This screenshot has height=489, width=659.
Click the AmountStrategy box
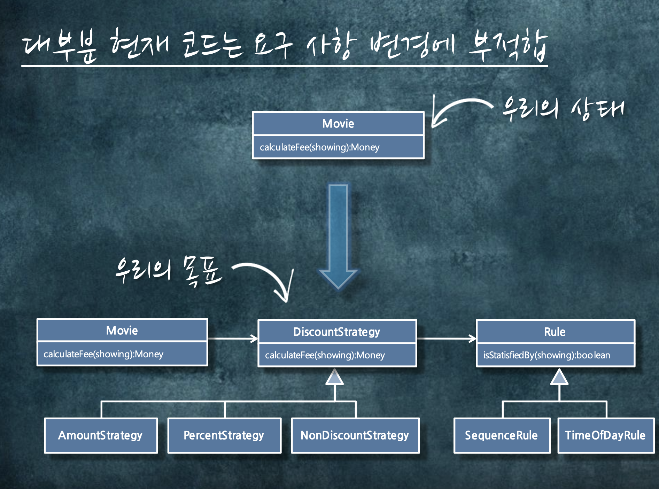[101, 435]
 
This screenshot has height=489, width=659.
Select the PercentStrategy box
[224, 435]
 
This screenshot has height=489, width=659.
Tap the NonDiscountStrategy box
[355, 435]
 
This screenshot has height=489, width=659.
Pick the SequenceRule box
[502, 435]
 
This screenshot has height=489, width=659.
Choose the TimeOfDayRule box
[605, 435]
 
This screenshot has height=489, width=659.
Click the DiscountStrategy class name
[337, 332]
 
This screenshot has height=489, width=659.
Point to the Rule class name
[555, 332]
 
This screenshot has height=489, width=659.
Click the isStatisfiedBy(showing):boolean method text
[547, 355]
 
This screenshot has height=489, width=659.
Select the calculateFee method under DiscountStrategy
[325, 355]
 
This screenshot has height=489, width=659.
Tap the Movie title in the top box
[338, 124]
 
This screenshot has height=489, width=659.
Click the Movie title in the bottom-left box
[122, 330]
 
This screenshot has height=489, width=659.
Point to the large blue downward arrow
[338, 237]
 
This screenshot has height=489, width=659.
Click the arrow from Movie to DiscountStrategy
[233, 338]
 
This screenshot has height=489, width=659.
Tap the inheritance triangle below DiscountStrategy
[335, 378]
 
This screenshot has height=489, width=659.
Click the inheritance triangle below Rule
[559, 378]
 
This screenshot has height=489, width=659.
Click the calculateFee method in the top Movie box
[320, 147]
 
